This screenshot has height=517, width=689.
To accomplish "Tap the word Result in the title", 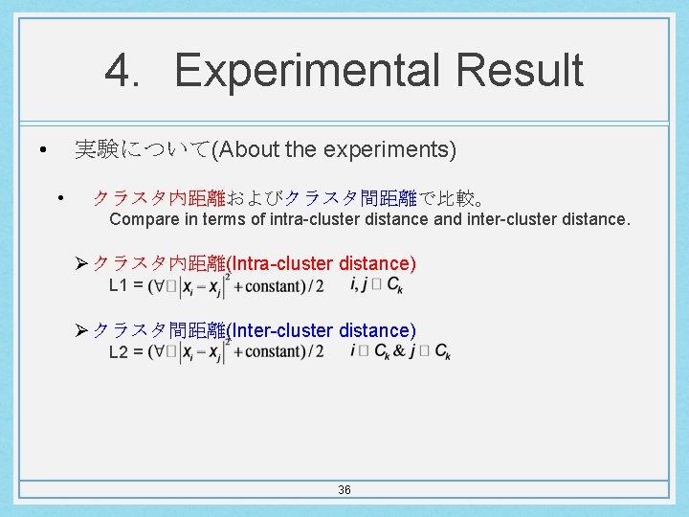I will tap(520, 71).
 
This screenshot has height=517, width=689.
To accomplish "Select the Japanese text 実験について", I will tap(142, 149).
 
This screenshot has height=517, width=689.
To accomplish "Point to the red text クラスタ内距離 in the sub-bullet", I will tap(159, 198).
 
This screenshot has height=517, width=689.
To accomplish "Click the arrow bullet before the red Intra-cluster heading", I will tap(82, 263).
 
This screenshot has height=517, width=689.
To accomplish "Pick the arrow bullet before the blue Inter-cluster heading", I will tap(82, 330).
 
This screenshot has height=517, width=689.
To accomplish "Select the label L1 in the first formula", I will tap(119, 285).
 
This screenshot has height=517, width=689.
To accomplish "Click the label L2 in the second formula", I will tap(119, 352).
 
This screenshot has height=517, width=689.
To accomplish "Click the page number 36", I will tap(344, 490).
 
